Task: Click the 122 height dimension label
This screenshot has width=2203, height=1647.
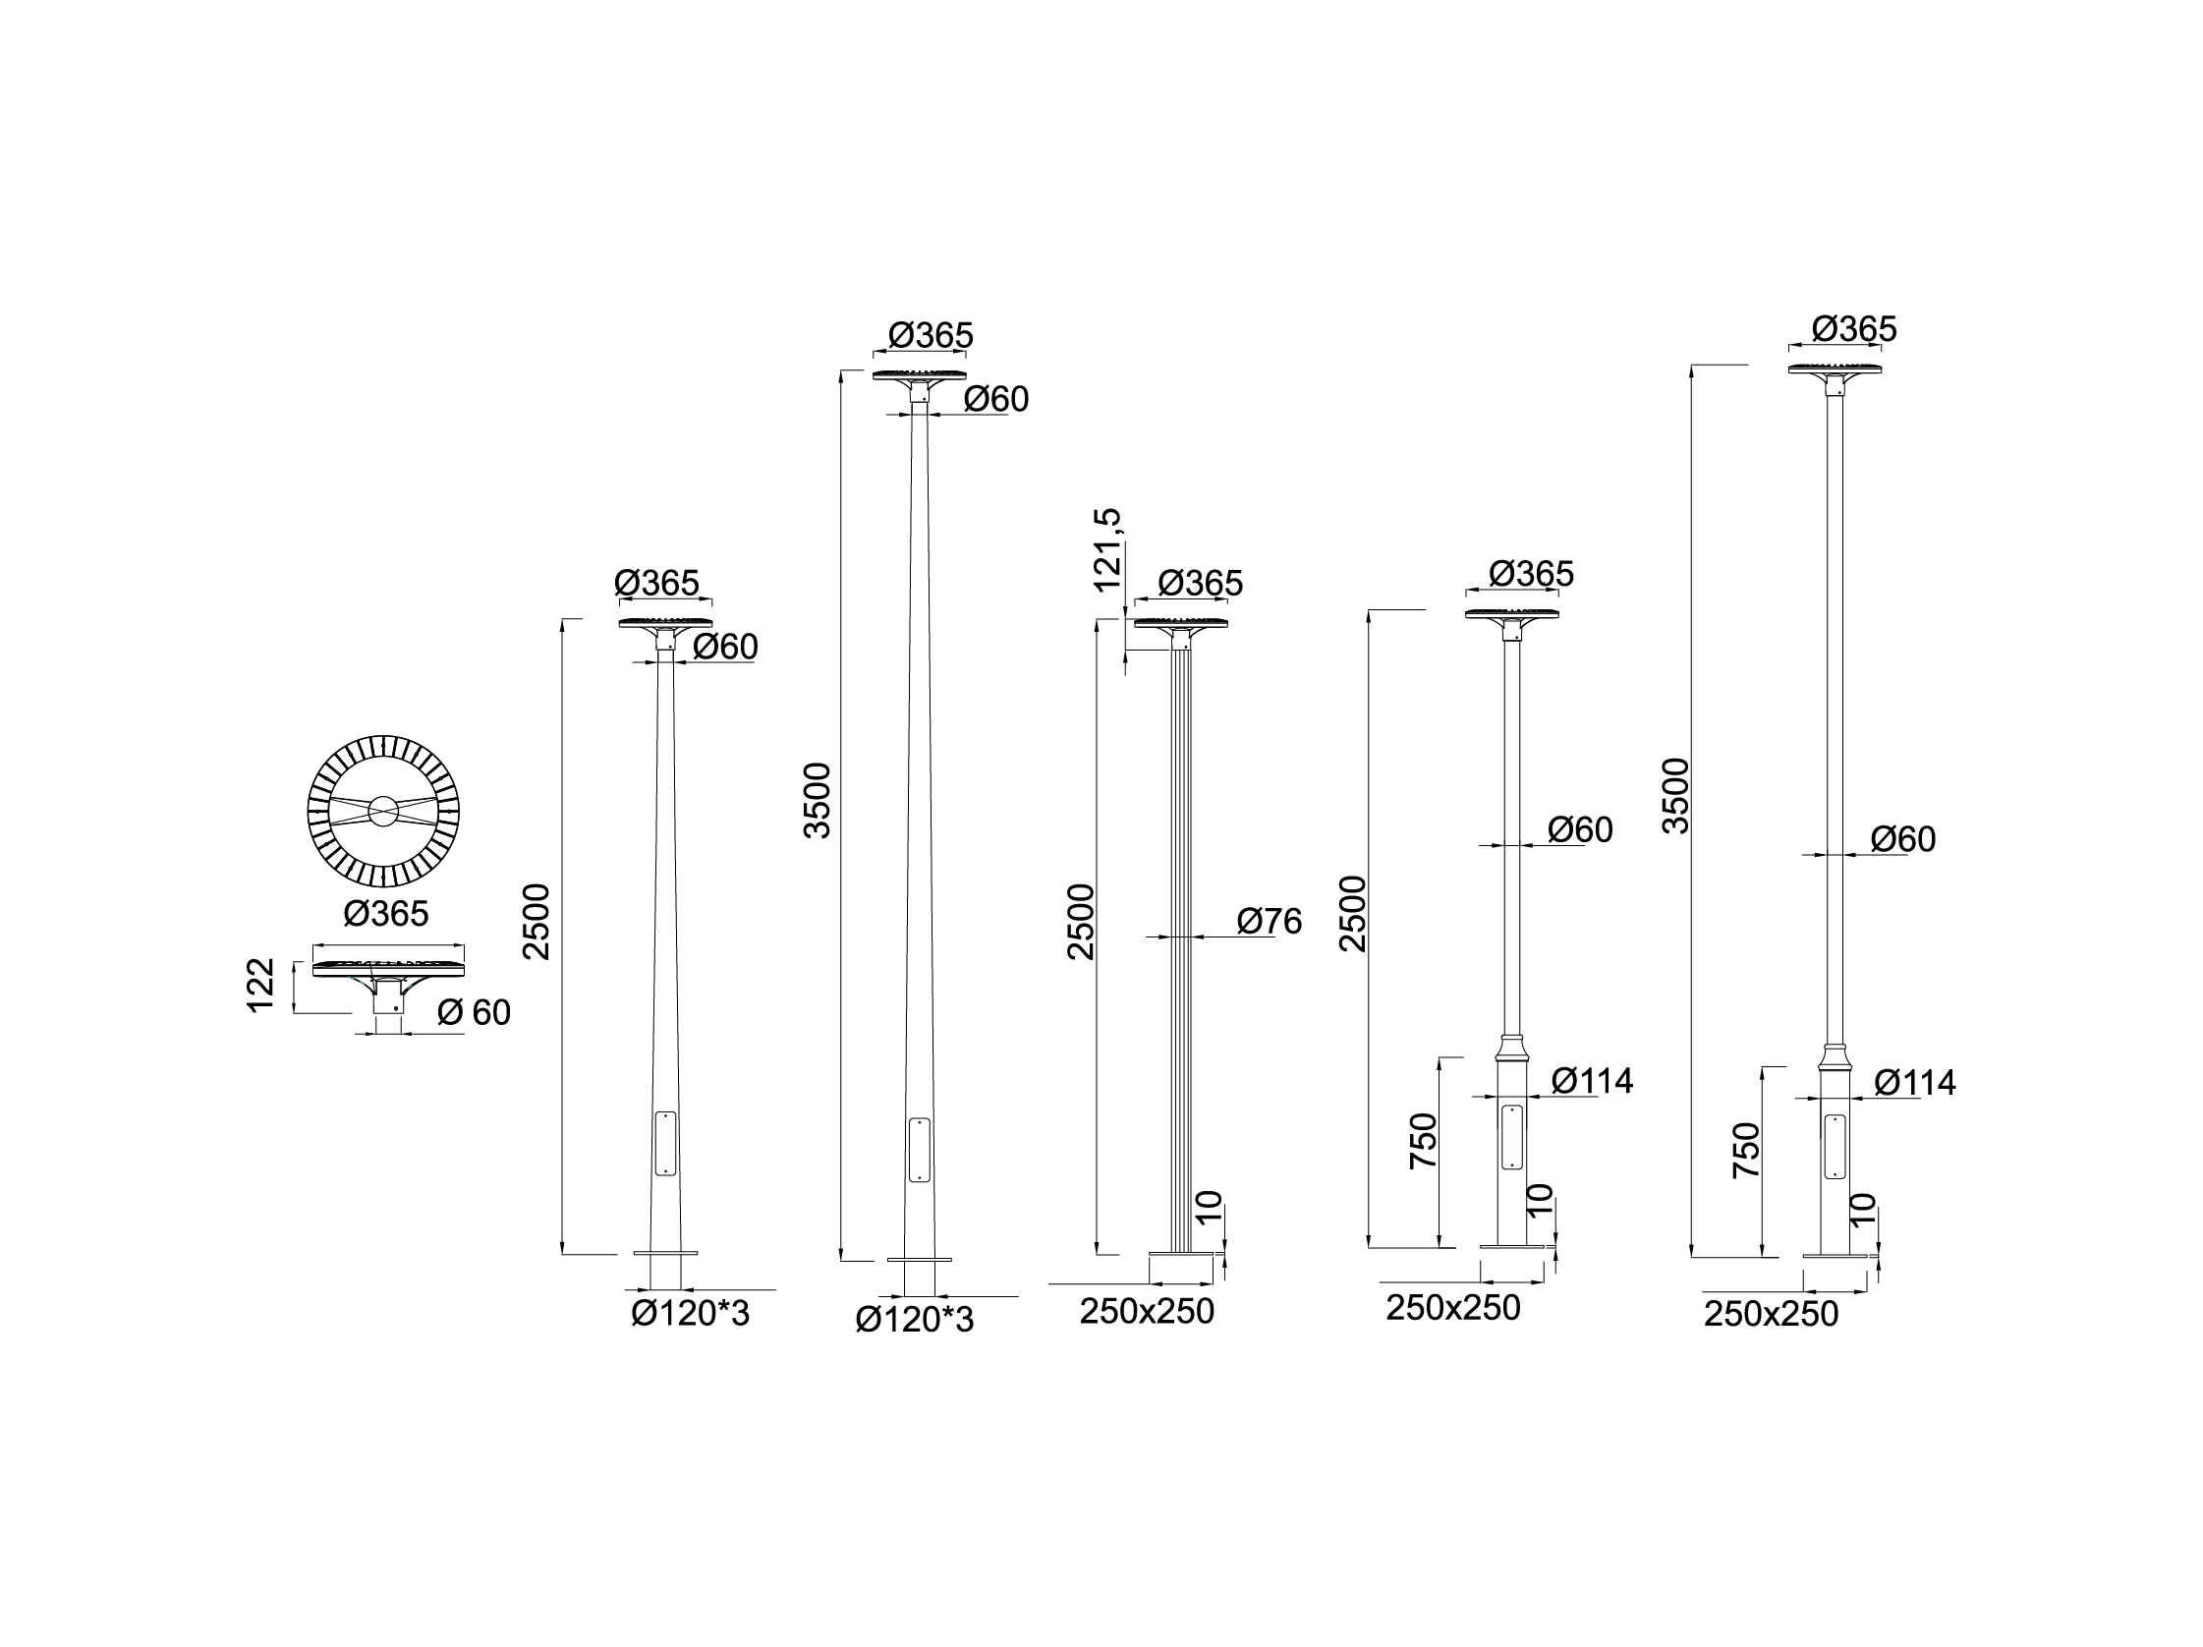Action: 260,985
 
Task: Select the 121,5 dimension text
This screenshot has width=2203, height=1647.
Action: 1107,549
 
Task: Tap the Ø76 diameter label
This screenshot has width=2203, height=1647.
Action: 1269,921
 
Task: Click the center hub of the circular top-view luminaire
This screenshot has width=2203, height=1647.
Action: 383,812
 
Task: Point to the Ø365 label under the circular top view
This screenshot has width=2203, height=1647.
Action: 386,913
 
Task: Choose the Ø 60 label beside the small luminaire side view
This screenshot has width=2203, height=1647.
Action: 474,1013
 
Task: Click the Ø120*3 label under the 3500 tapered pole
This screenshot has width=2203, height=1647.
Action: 914,1320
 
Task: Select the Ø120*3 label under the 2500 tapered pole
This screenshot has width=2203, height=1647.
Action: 690,1315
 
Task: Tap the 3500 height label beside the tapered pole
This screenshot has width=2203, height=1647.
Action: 817,801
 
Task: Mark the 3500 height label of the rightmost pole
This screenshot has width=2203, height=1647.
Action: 1676,796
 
